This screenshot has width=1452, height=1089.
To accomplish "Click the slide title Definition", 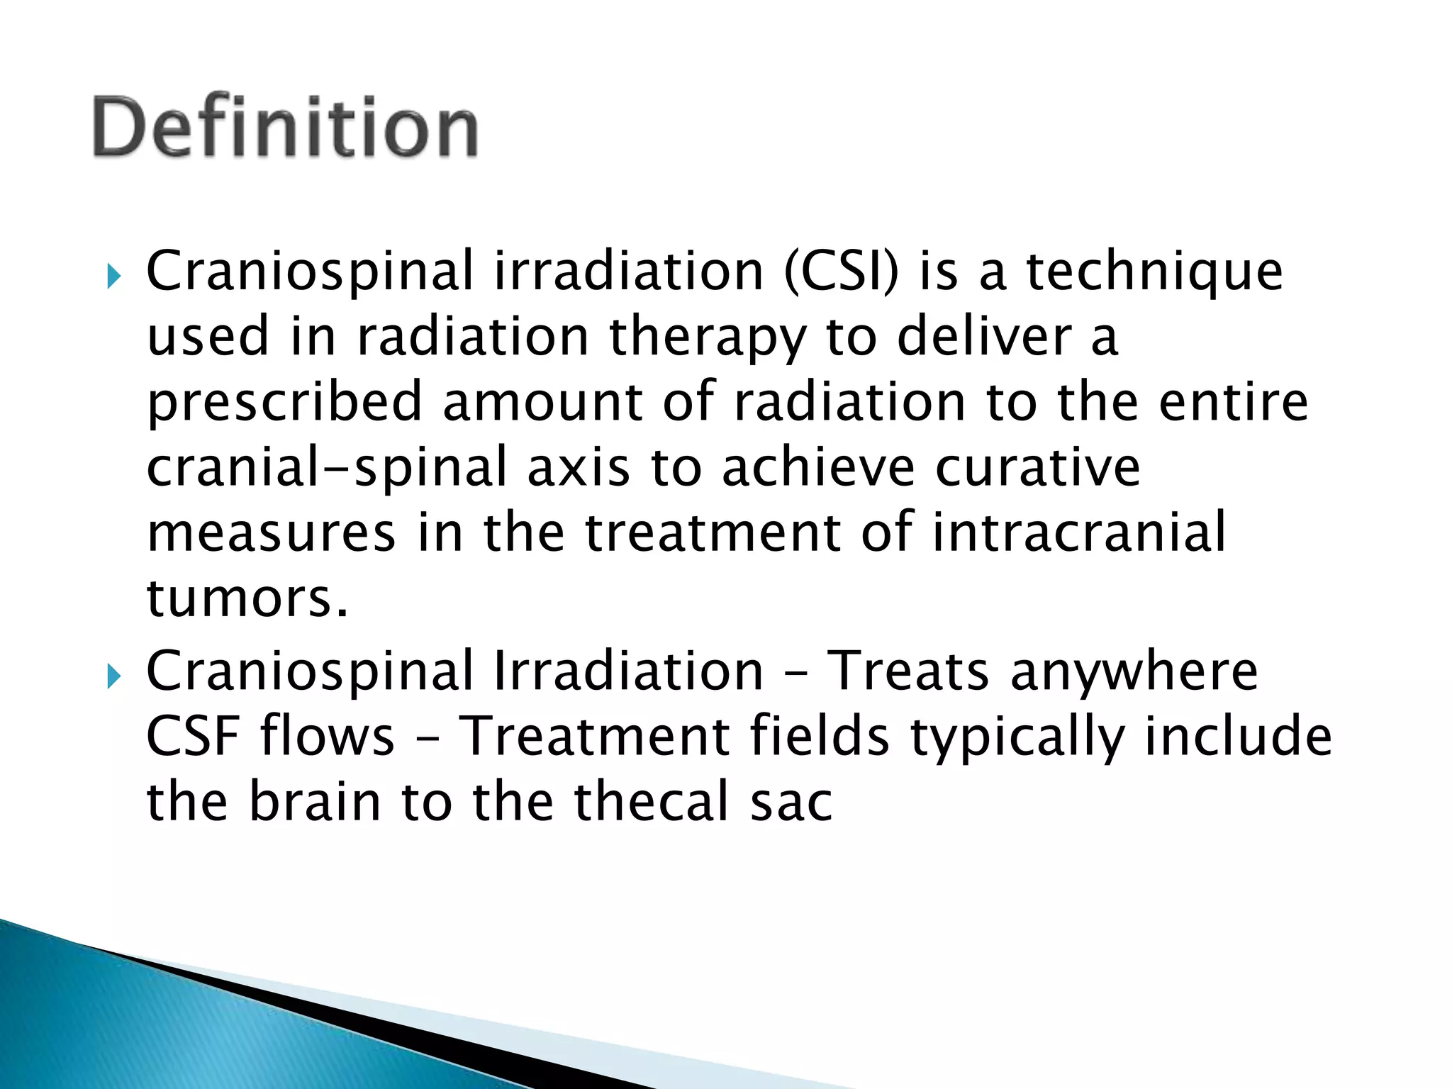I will (285, 128).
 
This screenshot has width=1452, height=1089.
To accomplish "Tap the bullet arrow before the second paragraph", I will (113, 676).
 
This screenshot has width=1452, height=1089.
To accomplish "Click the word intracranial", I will (1078, 532).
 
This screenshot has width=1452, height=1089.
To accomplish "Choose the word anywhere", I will (1134, 673).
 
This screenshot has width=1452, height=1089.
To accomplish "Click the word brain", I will (315, 802).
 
